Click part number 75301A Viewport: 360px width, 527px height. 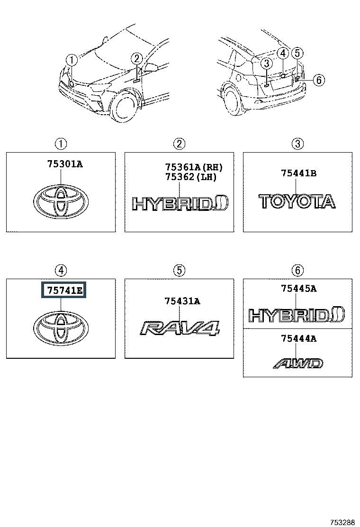click(x=64, y=164)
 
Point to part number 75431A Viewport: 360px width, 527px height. click(x=182, y=301)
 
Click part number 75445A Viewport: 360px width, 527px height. click(x=298, y=288)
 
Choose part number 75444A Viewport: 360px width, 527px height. click(x=298, y=338)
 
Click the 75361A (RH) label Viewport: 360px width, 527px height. click(x=194, y=167)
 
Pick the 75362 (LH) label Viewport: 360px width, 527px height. click(x=190, y=177)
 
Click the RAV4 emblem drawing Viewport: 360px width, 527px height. click(x=180, y=328)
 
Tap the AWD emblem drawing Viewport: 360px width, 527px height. click(x=298, y=363)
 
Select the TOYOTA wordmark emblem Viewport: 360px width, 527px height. click(x=297, y=201)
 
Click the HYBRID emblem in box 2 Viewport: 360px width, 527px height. click(x=180, y=203)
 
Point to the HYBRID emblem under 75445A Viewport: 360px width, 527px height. click(x=297, y=315)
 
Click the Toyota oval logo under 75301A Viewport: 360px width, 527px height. click(x=61, y=202)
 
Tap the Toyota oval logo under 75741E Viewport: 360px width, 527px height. click(x=61, y=327)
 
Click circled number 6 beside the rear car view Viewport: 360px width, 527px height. click(x=318, y=81)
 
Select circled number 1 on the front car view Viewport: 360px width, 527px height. click(x=71, y=60)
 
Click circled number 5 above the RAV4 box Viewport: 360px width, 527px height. click(x=179, y=270)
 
